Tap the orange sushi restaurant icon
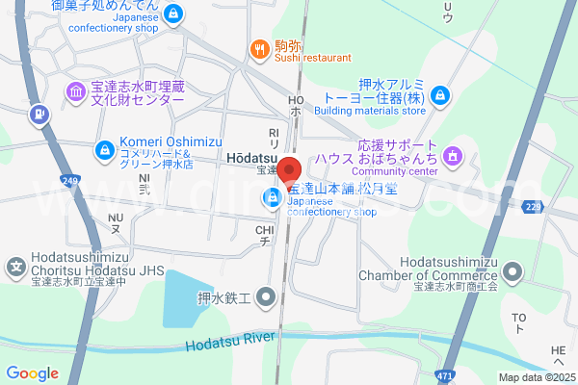pos(258,48)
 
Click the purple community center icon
pos(454,155)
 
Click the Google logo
pos(32,373)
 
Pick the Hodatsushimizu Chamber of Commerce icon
pos(512,270)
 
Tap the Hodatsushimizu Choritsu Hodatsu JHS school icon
pos(16,265)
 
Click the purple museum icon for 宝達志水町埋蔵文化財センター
pos(75,91)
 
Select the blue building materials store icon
pos(439,94)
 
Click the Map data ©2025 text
pos(537,377)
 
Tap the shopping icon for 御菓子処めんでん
pos(173,13)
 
